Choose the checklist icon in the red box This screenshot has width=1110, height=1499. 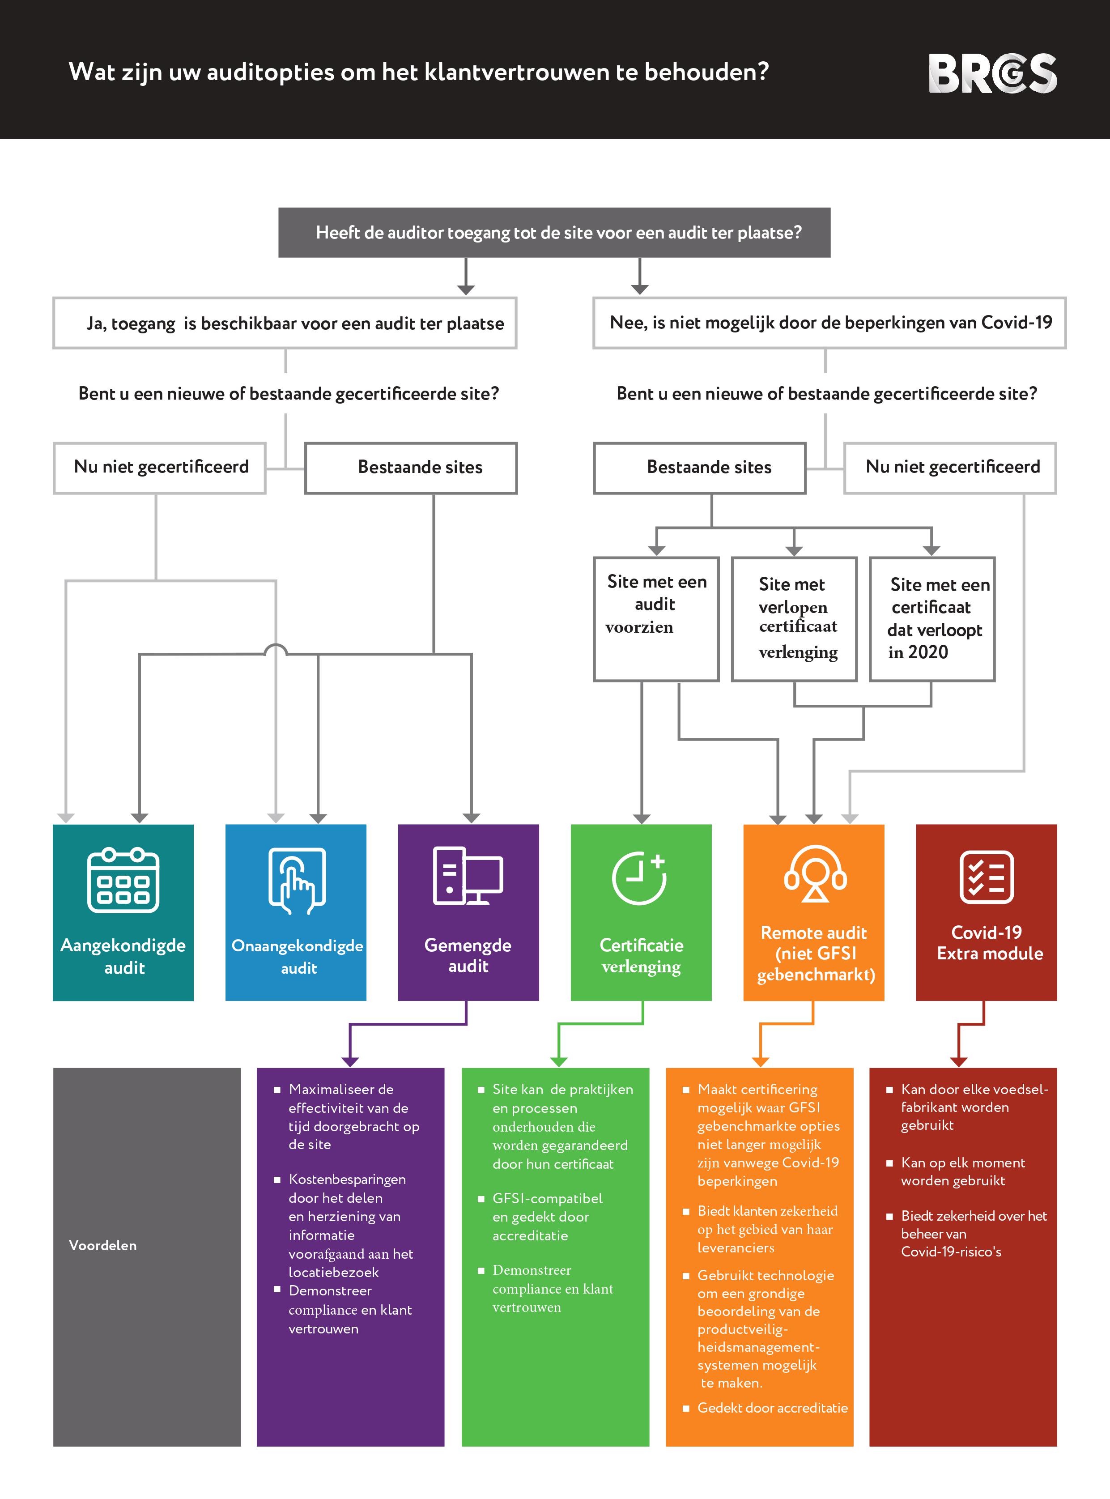tap(987, 877)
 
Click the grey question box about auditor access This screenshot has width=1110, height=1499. tap(554, 233)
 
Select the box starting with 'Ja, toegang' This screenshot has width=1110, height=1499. tap(285, 323)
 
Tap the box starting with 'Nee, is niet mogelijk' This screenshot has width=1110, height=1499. tap(829, 323)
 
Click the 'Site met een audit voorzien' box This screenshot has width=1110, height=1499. tap(656, 618)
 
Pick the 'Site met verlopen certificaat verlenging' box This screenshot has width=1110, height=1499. tap(794, 618)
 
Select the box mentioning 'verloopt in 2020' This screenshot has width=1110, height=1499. tap(932, 618)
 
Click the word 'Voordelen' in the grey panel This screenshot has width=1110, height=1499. tap(103, 1245)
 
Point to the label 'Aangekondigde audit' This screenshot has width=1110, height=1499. tap(123, 956)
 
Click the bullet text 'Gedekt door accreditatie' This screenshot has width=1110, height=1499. tap(772, 1408)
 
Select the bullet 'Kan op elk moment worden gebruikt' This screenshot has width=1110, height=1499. tap(962, 1171)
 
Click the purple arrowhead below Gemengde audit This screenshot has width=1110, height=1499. tap(350, 1061)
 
